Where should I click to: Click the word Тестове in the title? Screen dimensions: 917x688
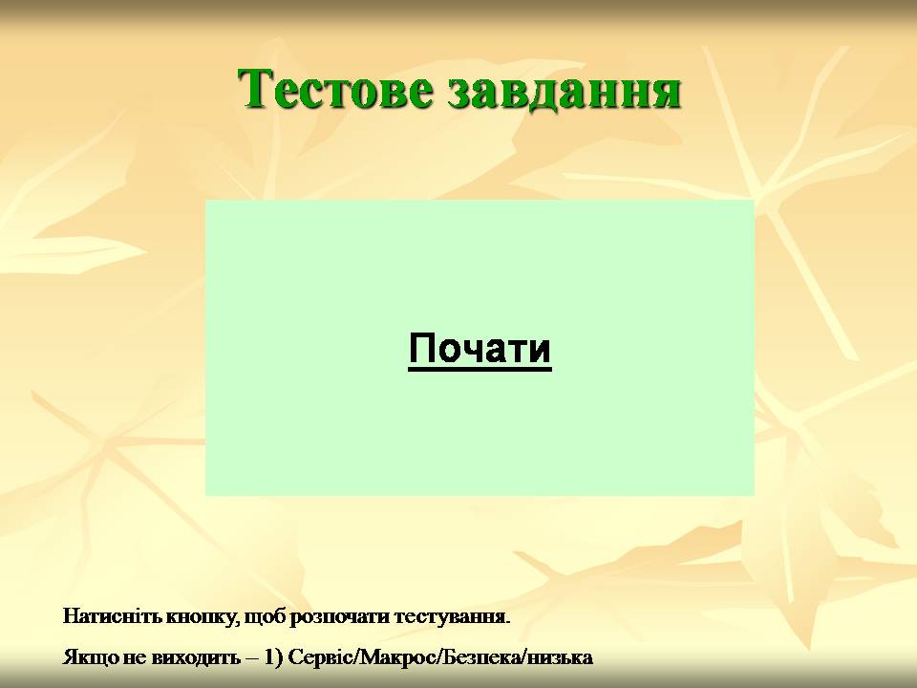tap(335, 89)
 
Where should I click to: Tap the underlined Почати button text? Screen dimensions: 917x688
tap(480, 350)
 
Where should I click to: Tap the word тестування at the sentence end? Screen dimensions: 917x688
tap(449, 618)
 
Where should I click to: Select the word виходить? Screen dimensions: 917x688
tap(195, 657)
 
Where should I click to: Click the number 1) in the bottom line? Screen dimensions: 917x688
tap(274, 657)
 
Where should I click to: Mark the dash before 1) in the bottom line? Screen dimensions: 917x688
tap(251, 658)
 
